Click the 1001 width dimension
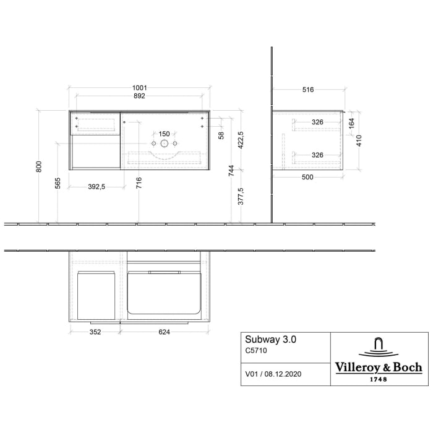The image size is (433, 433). click(x=140, y=88)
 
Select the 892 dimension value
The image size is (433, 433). click(x=140, y=96)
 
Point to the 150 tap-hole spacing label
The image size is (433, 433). click(x=164, y=134)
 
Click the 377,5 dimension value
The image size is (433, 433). click(x=241, y=195)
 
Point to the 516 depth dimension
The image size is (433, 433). click(x=308, y=90)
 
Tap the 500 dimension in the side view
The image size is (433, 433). click(x=307, y=178)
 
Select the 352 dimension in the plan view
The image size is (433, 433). click(x=93, y=332)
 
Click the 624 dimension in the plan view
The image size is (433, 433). click(x=164, y=332)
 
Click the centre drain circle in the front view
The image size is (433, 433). click(x=164, y=144)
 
